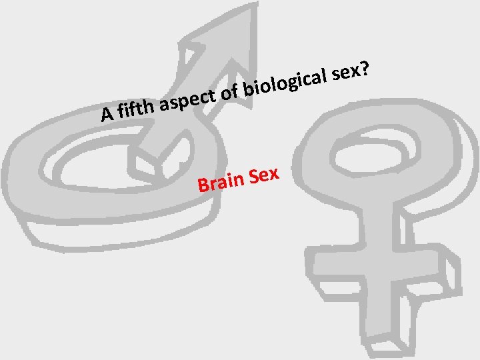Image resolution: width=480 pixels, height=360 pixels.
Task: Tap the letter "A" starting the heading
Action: (106, 115)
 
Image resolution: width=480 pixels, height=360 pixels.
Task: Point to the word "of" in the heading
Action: (230, 94)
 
